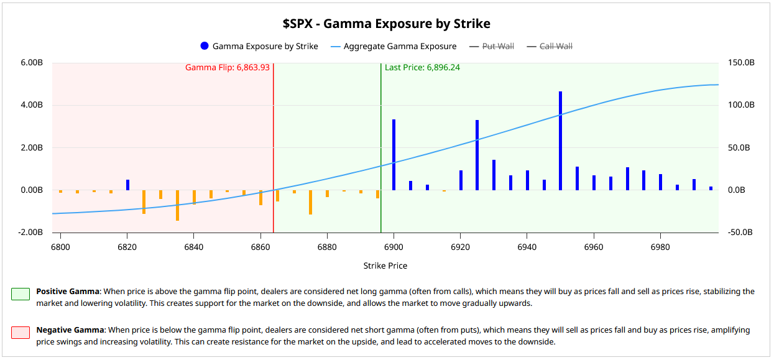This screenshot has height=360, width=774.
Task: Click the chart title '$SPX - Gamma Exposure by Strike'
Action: coord(386,24)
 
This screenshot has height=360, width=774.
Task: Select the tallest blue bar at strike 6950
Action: coord(560,141)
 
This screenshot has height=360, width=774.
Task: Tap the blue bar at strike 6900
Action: coord(394,155)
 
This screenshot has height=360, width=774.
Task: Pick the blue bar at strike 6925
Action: coord(477,155)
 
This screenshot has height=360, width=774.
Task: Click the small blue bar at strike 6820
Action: coord(127,185)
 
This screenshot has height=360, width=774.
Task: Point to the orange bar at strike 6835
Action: coord(177,205)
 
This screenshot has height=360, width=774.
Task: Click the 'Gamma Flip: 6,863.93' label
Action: coord(228,67)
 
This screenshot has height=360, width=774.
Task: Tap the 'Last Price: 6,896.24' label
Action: coord(422,67)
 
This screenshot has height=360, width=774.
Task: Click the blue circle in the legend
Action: coord(205,46)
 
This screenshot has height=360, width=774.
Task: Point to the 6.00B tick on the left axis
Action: coord(31,63)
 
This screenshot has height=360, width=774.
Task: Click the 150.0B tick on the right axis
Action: coord(742,63)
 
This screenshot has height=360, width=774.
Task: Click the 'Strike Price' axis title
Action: coord(385,265)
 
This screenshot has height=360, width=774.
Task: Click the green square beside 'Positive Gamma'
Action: coord(21,294)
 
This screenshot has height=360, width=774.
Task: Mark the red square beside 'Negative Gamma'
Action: coord(21,333)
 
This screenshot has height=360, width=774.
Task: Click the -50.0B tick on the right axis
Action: coord(742,233)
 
